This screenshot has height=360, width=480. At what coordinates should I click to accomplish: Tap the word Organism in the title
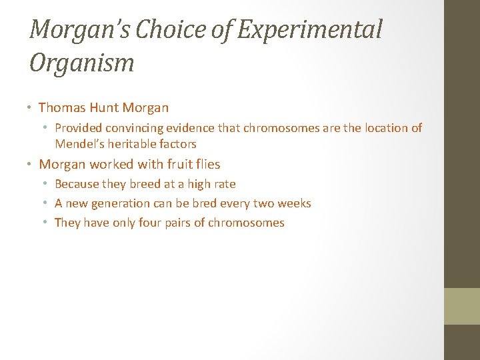(82, 63)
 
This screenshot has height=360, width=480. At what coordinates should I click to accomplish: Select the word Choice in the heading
(181, 30)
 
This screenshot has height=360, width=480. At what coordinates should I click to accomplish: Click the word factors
(179, 143)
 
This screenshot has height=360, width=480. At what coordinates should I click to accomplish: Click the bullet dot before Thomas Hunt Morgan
(31, 108)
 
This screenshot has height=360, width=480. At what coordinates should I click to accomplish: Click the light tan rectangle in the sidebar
(462, 306)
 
